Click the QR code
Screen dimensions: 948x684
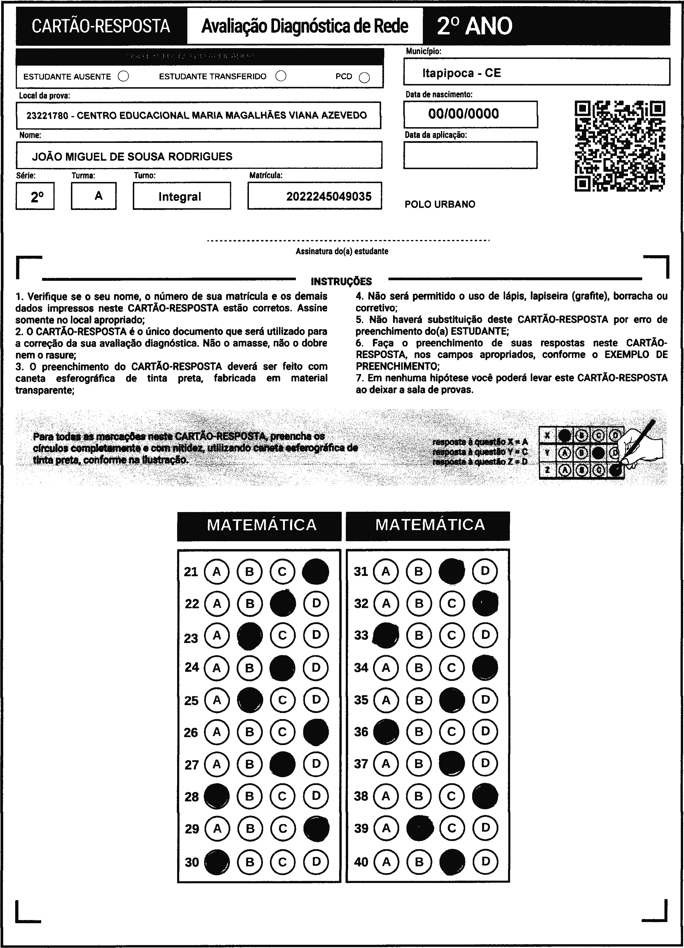tap(620, 146)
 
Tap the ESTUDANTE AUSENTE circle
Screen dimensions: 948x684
tap(123, 76)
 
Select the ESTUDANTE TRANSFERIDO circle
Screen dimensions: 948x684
tap(281, 76)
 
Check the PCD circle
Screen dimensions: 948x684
tap(364, 78)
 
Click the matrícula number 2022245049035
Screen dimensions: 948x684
tap(329, 197)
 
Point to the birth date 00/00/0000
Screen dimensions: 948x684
tap(463, 114)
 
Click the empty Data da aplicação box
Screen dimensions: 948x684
tap(470, 155)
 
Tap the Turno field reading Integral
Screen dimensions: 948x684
tap(180, 197)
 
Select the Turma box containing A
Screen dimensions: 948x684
tap(98, 196)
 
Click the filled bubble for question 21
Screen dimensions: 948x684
tap(315, 571)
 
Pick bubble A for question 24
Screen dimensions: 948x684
tap(217, 667)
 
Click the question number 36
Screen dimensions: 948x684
tap(361, 731)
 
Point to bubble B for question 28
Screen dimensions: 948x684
tap(249, 796)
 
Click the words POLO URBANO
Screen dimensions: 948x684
tap(440, 204)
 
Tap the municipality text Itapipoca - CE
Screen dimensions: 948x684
tap(461, 73)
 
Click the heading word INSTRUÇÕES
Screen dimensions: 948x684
tap(341, 281)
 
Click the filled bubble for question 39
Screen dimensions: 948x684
tap(419, 828)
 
